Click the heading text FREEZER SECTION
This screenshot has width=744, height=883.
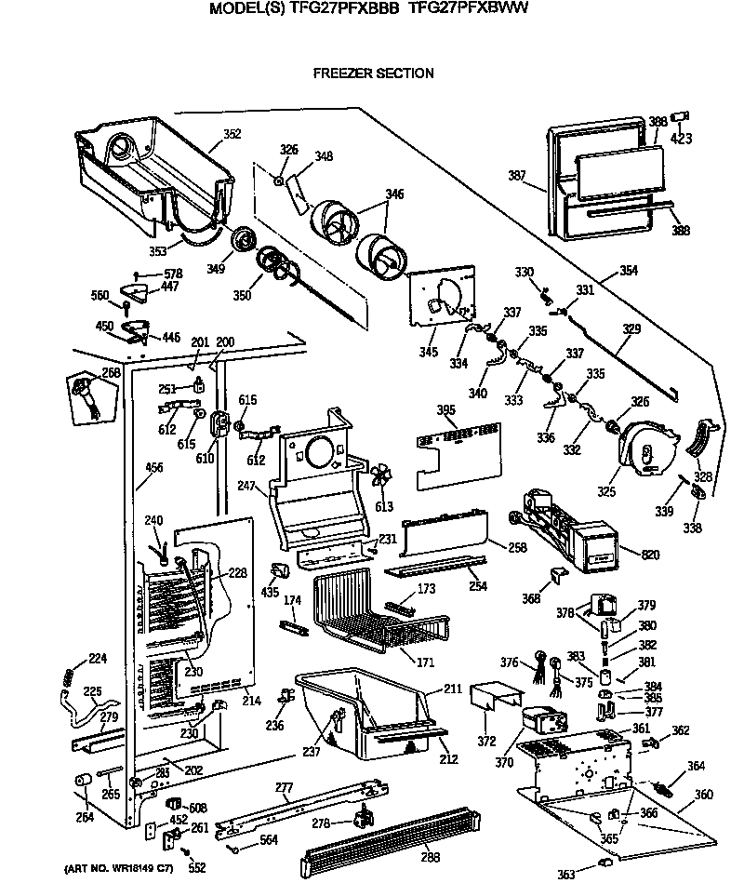pos(372,73)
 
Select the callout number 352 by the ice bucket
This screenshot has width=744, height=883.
pos(232,134)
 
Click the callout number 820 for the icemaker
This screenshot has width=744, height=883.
pos(650,555)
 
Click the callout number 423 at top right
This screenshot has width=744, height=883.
pos(682,141)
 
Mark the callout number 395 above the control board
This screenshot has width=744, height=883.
pos(447,410)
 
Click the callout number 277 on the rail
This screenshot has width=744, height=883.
pos(284,788)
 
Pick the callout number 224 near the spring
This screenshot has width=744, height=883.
pos(98,659)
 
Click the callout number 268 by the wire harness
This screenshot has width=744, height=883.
pos(112,373)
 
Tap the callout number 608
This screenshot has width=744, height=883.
pos(197,807)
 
